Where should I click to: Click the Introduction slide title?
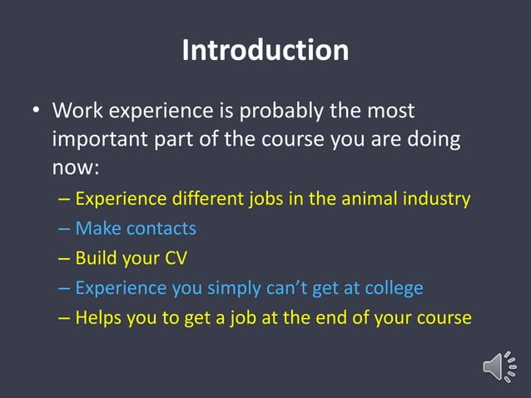[x=265, y=51]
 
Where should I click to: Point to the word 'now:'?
[x=76, y=167]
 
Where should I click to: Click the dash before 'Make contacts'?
[x=65, y=229]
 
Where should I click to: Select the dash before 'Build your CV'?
[x=65, y=259]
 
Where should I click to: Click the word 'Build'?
[x=95, y=258]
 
